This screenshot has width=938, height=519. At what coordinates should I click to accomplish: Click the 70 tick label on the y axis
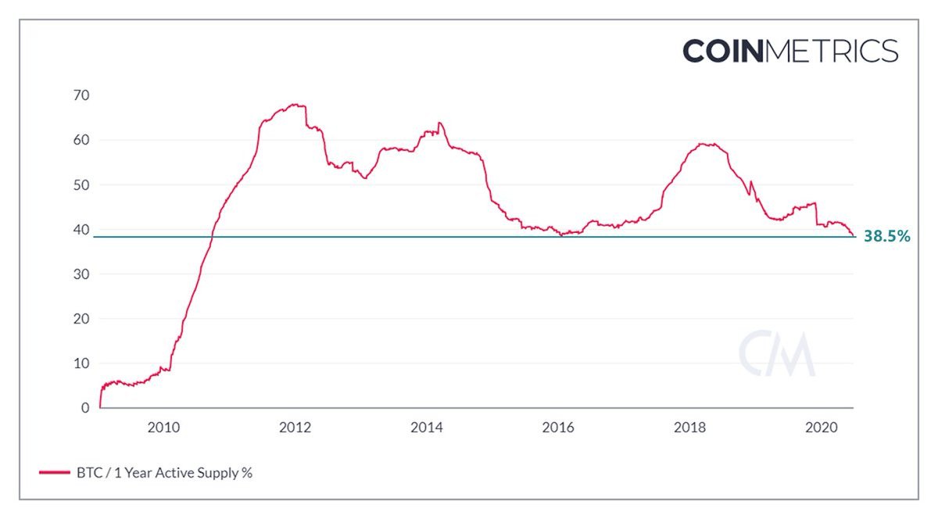click(x=82, y=95)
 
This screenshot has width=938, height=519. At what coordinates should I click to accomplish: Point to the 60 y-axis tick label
click(x=82, y=141)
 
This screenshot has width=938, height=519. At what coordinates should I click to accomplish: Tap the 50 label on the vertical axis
click(x=82, y=185)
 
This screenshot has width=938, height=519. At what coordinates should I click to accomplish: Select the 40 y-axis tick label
click(x=82, y=230)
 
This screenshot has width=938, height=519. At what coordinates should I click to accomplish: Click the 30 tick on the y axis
click(x=82, y=274)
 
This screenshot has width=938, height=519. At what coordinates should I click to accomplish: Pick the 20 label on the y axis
click(x=82, y=319)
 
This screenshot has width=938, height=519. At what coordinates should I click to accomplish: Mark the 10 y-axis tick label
click(x=82, y=363)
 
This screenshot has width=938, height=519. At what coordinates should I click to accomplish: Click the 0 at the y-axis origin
click(x=86, y=408)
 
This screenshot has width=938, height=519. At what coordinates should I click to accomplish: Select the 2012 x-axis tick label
click(x=295, y=428)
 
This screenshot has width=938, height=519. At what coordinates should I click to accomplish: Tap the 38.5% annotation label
click(x=886, y=236)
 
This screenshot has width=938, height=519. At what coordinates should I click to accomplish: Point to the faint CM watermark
click(x=777, y=356)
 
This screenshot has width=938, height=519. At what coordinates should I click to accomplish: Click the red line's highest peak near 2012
click(x=294, y=104)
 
